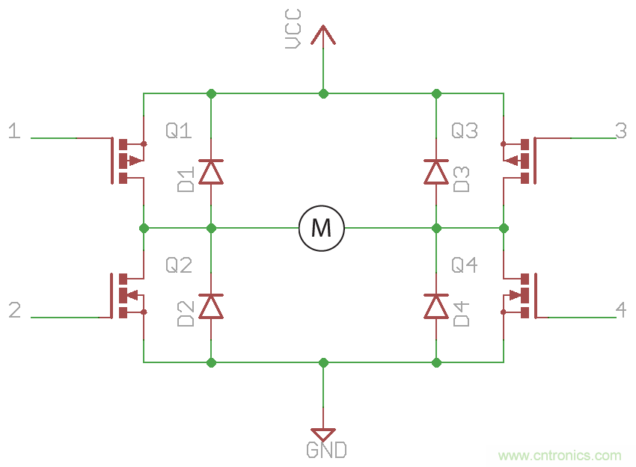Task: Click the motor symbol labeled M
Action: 322,227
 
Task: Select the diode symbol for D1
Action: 211,172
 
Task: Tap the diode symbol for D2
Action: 211,306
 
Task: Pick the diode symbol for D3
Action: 435,172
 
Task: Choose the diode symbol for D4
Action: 435,306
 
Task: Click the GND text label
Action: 326,451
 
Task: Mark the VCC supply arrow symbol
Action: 323,34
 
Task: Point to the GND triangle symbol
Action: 323,434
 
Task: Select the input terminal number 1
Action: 14,132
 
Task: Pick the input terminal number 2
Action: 14,310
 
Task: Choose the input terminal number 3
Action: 620,131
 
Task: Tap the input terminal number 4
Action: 620,309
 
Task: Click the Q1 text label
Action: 179,132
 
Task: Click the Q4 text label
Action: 464,265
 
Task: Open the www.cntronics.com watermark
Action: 560,455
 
